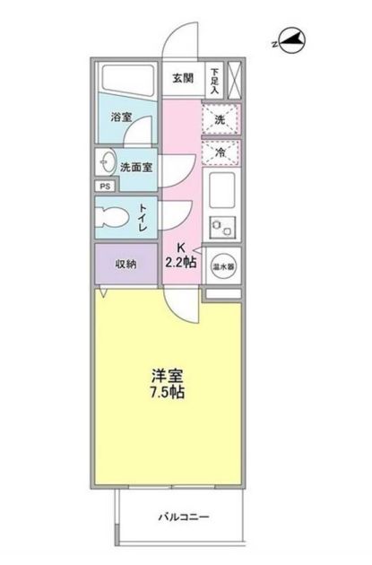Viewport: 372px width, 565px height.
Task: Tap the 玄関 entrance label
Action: (x=185, y=77)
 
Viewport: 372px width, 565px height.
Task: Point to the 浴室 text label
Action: (x=121, y=118)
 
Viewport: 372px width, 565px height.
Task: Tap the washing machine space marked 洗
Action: (x=221, y=117)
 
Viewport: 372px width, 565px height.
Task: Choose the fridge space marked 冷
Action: (x=221, y=152)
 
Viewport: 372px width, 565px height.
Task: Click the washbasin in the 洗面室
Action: (x=107, y=163)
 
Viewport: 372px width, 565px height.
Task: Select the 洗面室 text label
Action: (x=136, y=167)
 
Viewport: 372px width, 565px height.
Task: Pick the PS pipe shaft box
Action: (x=104, y=187)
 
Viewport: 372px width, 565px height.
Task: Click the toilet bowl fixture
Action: (x=114, y=217)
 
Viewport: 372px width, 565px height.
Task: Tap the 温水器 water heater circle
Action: (x=222, y=265)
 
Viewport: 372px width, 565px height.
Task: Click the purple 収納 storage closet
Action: (x=125, y=264)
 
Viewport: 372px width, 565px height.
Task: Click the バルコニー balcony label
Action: (x=184, y=517)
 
